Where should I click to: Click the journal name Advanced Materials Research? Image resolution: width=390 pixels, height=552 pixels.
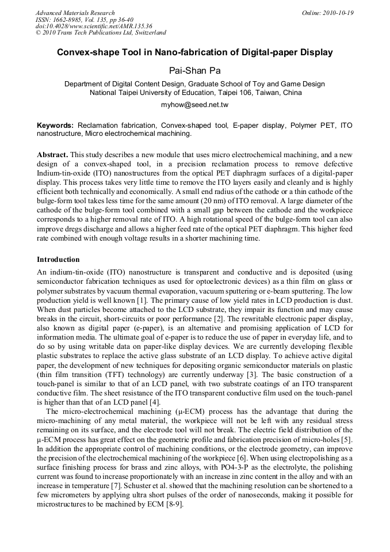75,13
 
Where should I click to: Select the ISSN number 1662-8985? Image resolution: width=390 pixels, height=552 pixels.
67,20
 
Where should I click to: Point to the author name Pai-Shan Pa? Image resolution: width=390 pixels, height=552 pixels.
194,71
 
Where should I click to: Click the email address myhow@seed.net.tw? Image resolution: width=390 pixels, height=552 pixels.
195,105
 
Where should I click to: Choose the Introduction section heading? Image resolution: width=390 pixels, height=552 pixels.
58,260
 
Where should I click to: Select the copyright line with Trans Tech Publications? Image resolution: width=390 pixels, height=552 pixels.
101,33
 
